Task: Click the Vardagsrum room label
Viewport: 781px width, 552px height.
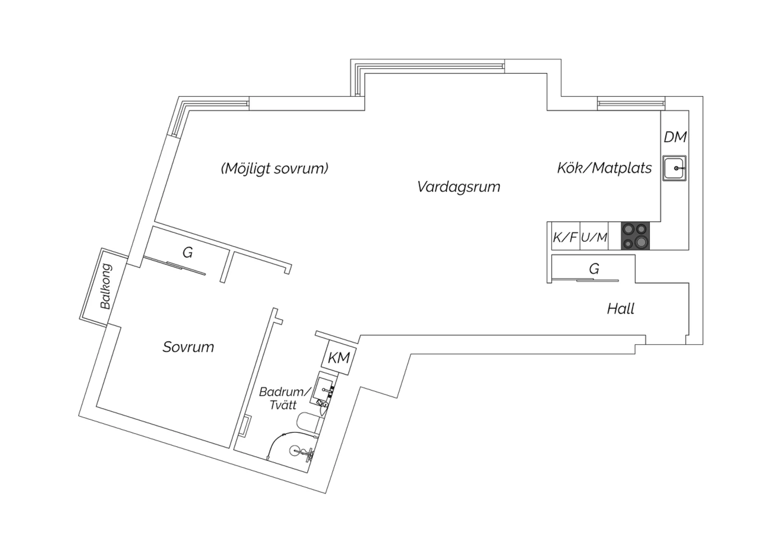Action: [x=459, y=187]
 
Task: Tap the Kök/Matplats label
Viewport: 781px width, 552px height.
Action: [x=604, y=168]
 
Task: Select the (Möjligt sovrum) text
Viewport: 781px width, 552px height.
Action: [x=275, y=169]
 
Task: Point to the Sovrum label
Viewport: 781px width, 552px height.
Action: [x=188, y=347]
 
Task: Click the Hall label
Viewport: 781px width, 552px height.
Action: [x=621, y=309]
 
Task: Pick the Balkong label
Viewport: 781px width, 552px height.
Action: [x=106, y=286]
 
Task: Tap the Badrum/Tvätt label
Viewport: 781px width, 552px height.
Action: [x=284, y=398]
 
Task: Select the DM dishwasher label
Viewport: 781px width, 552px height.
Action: [x=675, y=137]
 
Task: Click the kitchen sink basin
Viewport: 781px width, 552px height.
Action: [x=674, y=168]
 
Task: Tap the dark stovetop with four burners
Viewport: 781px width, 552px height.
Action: [x=636, y=236]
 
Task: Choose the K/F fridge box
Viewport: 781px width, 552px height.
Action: [x=565, y=236]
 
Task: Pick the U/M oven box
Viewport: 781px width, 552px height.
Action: [x=594, y=236]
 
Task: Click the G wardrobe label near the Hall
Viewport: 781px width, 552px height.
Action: [x=594, y=269]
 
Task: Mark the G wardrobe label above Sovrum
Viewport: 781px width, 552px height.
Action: [x=187, y=252]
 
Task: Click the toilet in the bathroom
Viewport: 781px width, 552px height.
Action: [x=308, y=424]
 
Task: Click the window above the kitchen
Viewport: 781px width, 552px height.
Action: [x=631, y=104]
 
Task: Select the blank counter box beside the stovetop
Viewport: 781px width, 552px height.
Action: [x=615, y=236]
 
